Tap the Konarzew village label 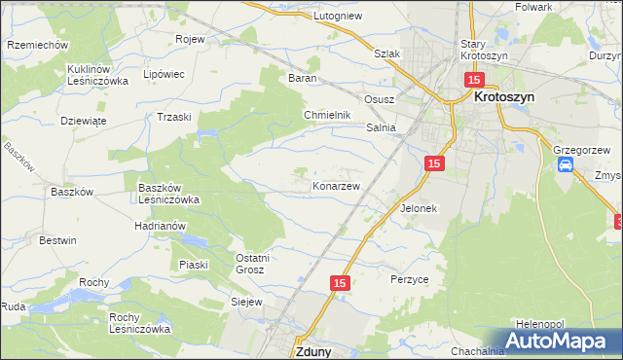tap(337, 185)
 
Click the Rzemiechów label tap(36, 45)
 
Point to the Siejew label tap(247, 303)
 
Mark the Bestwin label tap(57, 239)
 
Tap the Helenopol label tap(541, 323)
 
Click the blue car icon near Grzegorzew tap(566, 165)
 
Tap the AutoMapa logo tap(558, 341)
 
